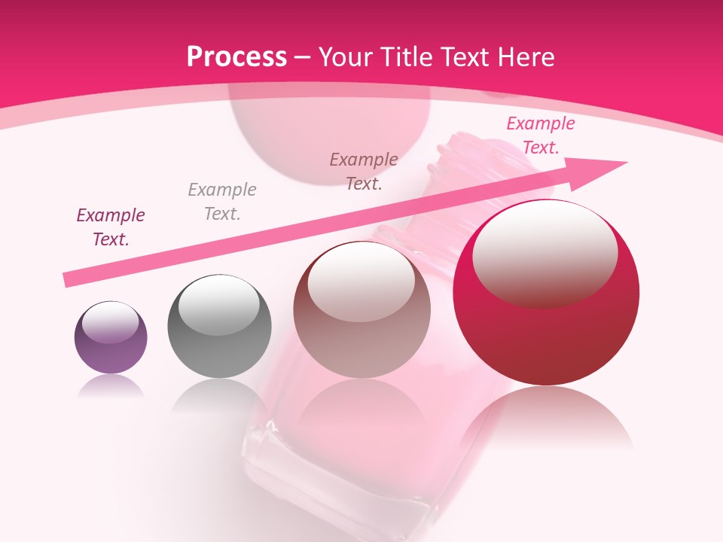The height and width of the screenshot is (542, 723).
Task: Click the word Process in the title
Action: coord(236,57)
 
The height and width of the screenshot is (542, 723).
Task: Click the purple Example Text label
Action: coord(111,227)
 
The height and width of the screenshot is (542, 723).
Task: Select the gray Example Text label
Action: coord(222,201)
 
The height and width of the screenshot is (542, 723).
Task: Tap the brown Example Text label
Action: coord(364,171)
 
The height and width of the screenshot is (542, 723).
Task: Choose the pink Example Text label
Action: coord(540,135)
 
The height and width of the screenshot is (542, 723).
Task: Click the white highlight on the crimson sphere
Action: coord(545,252)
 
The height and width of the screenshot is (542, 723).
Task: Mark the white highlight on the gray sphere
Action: coord(218,305)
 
